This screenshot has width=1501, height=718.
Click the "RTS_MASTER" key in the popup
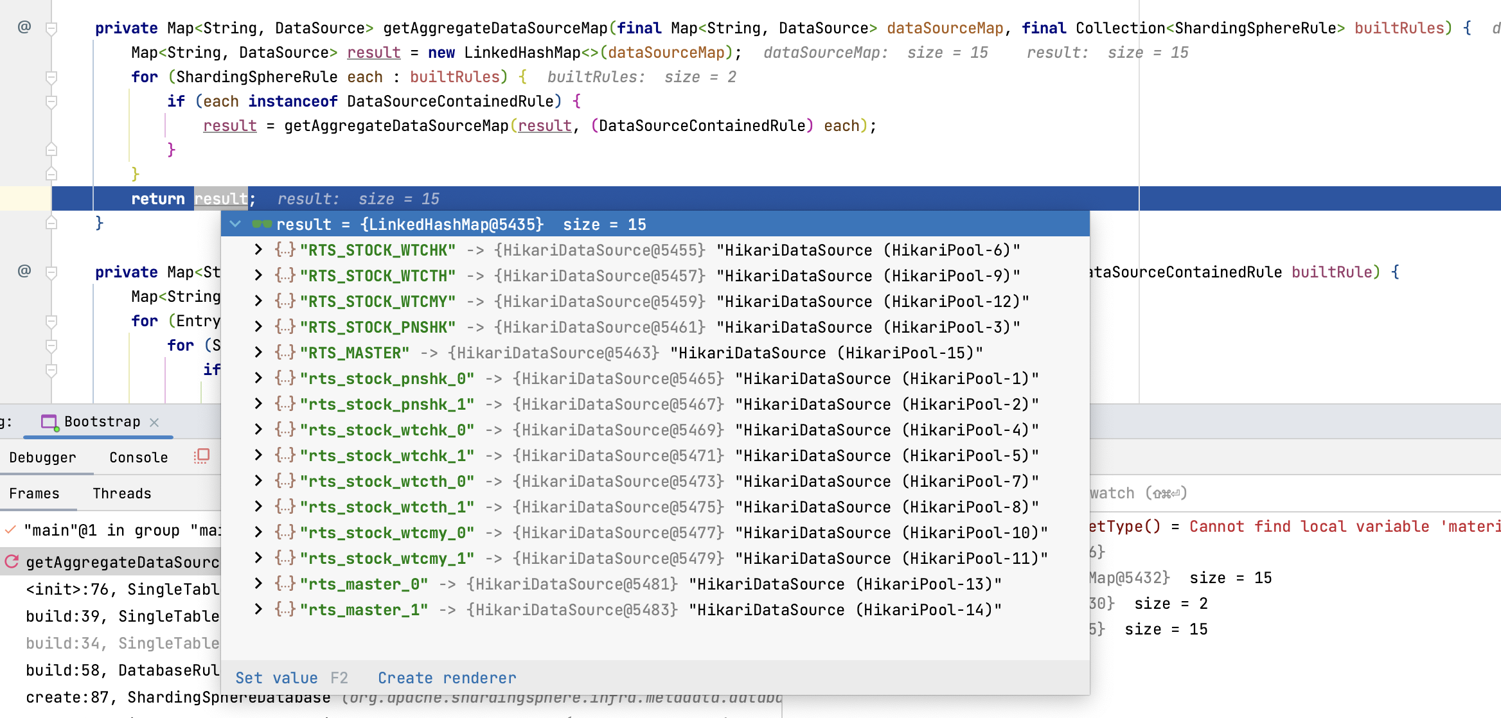point(354,353)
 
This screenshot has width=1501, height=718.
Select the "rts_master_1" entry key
point(364,610)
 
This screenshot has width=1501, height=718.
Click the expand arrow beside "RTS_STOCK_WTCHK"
point(258,250)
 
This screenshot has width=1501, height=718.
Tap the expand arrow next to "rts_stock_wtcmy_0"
point(258,532)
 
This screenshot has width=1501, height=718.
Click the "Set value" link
point(276,678)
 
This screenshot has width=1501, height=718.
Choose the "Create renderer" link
point(447,678)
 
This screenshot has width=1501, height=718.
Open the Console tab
point(138,457)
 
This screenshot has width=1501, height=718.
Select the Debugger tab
point(42,457)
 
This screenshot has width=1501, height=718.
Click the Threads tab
point(121,493)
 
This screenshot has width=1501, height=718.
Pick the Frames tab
point(34,493)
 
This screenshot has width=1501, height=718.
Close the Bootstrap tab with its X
point(154,422)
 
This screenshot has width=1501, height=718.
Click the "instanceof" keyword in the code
point(292,101)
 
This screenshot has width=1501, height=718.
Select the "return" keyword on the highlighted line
point(158,199)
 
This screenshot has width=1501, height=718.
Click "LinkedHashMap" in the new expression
point(522,53)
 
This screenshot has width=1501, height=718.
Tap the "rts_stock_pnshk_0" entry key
point(387,379)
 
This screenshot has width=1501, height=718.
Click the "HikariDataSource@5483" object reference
point(572,610)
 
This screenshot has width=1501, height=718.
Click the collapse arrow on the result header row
point(235,224)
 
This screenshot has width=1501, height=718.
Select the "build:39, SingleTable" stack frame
point(122,617)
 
